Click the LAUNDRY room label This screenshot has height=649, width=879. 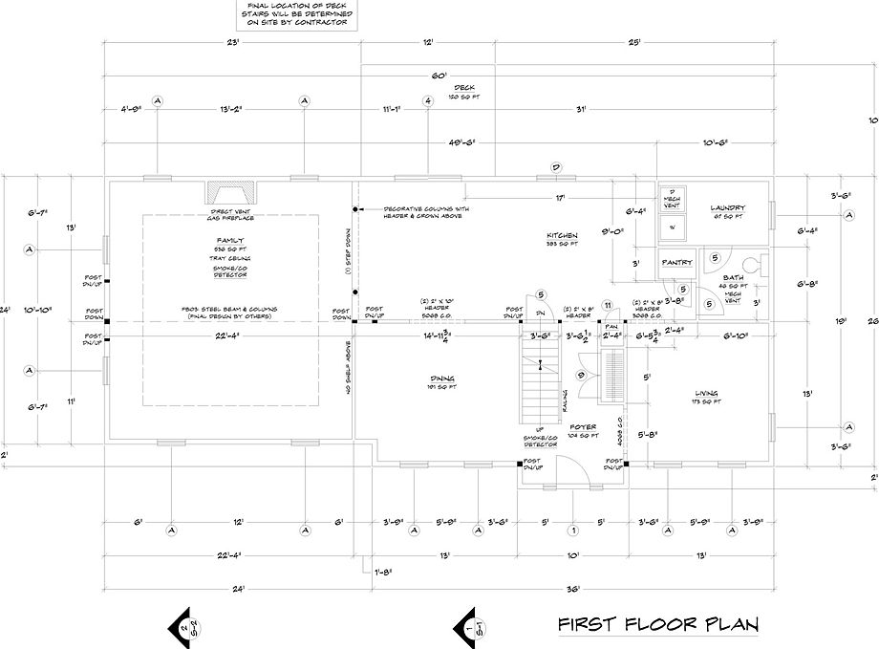(727, 207)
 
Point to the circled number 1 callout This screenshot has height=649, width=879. (573, 530)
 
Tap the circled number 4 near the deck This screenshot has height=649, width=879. (429, 100)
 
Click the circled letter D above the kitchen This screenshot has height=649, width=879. (553, 167)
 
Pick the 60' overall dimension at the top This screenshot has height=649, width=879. (440, 74)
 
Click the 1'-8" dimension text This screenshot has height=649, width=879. (384, 573)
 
